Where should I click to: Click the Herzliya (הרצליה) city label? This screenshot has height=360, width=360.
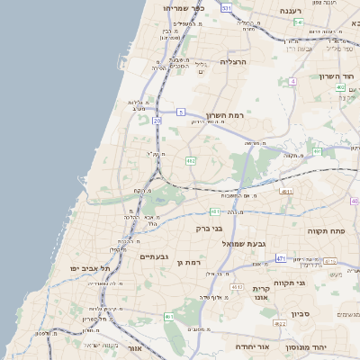(x=233, y=62)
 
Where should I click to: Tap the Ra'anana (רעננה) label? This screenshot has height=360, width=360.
(x=290, y=10)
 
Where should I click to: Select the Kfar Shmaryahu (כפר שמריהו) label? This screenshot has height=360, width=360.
(x=185, y=8)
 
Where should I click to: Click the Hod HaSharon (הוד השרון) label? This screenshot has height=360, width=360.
(x=338, y=76)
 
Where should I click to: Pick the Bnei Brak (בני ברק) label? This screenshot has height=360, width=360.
(x=210, y=229)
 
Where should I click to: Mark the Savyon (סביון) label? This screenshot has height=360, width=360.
(x=301, y=315)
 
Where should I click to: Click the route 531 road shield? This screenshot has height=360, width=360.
(x=226, y=8)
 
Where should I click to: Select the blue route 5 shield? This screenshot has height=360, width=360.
(x=181, y=112)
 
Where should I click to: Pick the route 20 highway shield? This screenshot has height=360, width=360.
(x=157, y=120)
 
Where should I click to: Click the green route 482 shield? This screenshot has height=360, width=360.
(x=190, y=161)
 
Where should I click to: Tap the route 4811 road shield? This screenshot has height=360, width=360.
(x=287, y=192)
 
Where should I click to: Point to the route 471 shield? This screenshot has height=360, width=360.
(x=281, y=258)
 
